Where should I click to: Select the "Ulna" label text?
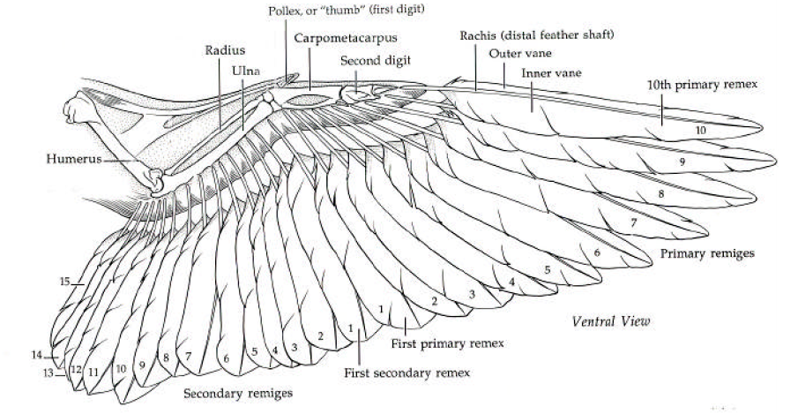(x=244, y=69)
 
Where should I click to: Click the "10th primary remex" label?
(x=702, y=84)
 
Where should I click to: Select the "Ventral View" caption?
(x=610, y=320)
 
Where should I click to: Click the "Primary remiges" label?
(x=707, y=253)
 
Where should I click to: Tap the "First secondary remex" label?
(x=406, y=372)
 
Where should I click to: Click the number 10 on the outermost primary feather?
(x=700, y=130)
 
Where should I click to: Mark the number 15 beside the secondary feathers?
(x=64, y=282)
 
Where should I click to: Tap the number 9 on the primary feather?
(x=682, y=163)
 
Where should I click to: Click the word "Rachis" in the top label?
(x=477, y=35)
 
